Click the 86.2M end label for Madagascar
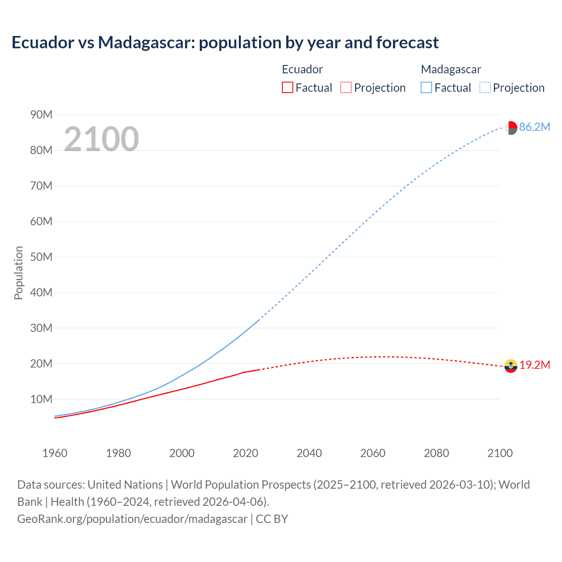point(534,127)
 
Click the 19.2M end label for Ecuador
point(535,365)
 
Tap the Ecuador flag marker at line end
point(511,366)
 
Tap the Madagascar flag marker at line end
point(511,128)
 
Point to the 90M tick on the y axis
point(41,115)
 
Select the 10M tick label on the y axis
point(41,400)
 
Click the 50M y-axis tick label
point(41,257)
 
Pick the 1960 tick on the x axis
point(55,453)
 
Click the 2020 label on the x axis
point(245,453)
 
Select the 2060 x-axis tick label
point(373,453)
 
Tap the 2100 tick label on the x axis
point(500,453)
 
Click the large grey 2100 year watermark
point(101,139)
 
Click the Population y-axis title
point(18,273)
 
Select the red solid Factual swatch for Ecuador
point(287,88)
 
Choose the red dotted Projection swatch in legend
point(346,88)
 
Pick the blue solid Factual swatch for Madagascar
point(426,88)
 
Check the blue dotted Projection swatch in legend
point(485,88)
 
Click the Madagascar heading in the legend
point(451,69)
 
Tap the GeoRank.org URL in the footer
point(132,519)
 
